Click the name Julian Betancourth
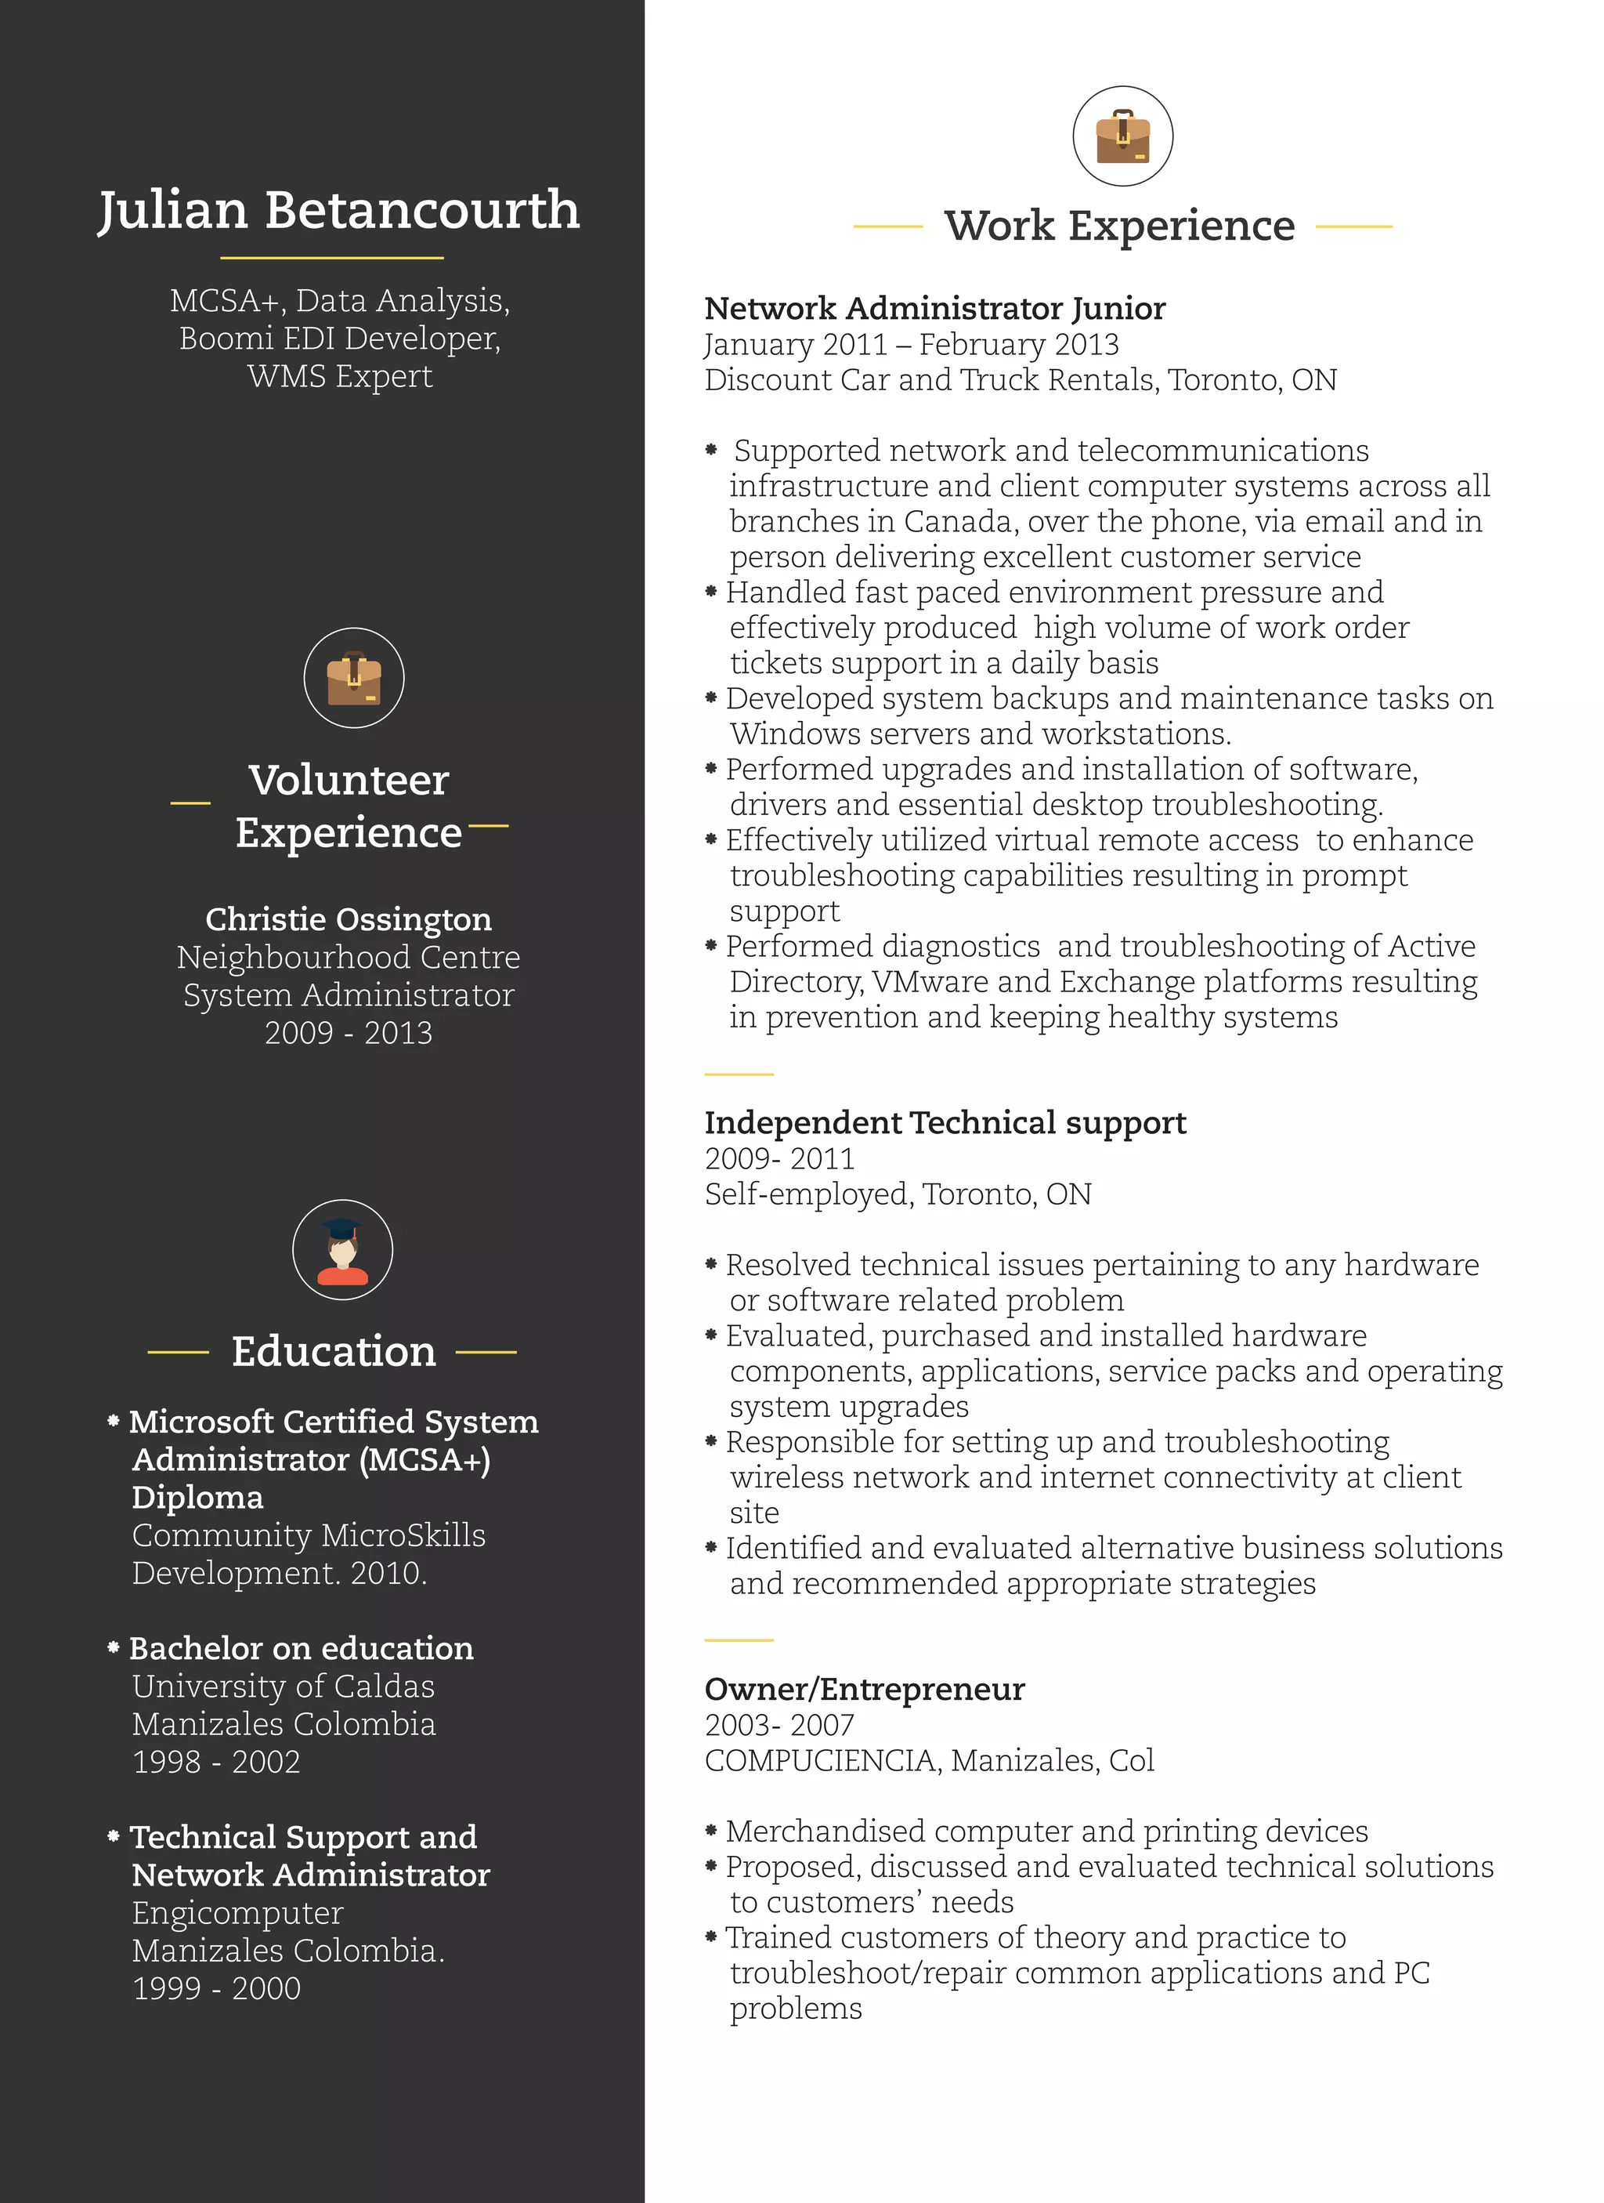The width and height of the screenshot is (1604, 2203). coord(339,211)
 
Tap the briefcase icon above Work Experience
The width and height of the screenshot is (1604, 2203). coord(1122,136)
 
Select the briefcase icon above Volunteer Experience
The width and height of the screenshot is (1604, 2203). coord(353,678)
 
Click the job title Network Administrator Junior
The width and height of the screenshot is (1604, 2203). coord(934,309)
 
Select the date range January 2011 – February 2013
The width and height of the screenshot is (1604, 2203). coord(911,345)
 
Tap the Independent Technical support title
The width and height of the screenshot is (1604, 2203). coord(945,1123)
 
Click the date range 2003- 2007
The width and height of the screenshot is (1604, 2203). coord(779,1725)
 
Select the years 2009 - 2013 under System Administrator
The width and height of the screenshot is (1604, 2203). coord(348,1033)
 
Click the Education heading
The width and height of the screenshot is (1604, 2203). coord(333,1352)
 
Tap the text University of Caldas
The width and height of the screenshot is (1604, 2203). coord(283,1687)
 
